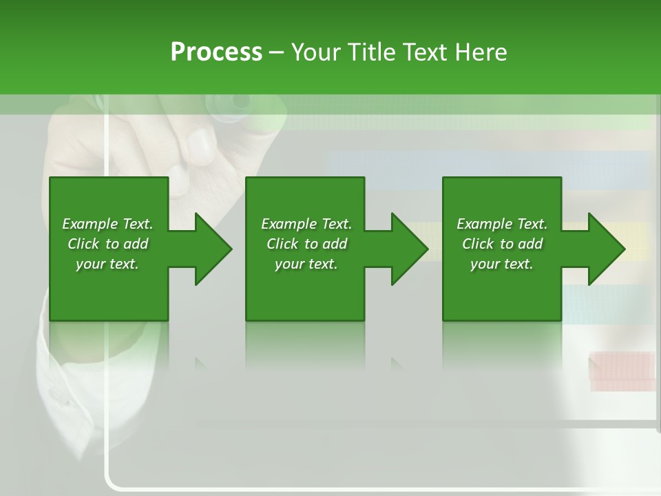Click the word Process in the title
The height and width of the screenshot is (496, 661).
[x=216, y=52]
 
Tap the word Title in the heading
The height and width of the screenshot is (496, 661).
[x=373, y=52]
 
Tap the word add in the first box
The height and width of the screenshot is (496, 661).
[x=136, y=244]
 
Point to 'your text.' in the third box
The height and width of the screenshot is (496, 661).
[x=501, y=264]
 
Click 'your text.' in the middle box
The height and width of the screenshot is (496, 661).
[x=306, y=264]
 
